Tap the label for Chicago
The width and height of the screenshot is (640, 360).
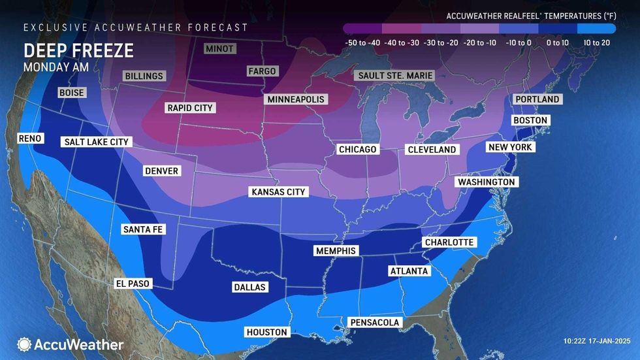tap(357, 150)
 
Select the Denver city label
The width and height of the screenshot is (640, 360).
tap(161, 171)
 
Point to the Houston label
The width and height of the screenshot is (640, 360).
tap(266, 332)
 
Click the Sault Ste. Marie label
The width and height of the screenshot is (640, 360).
tap(395, 76)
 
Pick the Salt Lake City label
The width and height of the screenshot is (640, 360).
tap(97, 142)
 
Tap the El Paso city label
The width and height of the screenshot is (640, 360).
tap(133, 284)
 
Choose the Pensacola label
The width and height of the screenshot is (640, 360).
tap(374, 322)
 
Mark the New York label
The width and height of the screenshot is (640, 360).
tap(511, 148)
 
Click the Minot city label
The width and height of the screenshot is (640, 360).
tap(219, 49)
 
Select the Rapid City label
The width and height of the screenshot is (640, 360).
tap(190, 108)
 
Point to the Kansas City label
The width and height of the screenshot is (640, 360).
tap(279, 192)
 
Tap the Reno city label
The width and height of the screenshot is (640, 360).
tap(30, 139)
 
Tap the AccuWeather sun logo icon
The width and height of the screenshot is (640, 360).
tap(24, 344)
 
